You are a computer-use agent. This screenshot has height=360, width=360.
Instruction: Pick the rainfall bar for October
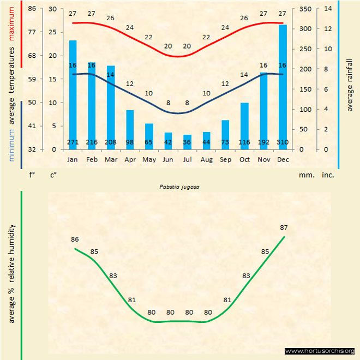pyautogui.click(x=244, y=123)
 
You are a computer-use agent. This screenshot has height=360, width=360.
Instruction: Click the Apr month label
pyautogui.click(x=130, y=159)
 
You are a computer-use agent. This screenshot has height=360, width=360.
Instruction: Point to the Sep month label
pyautogui.click(x=225, y=159)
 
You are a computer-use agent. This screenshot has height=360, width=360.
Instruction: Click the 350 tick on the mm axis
pyautogui.click(x=305, y=9)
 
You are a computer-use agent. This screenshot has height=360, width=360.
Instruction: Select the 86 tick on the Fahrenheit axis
pyautogui.click(x=32, y=9)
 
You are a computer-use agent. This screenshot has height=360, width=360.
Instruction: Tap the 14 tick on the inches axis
pyautogui.click(x=328, y=9)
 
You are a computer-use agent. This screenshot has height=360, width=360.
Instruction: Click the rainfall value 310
pyautogui.click(x=283, y=142)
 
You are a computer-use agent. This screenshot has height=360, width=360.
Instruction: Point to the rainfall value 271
pyautogui.click(x=73, y=142)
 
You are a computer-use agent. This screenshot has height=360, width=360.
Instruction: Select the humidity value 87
pyautogui.click(x=284, y=227)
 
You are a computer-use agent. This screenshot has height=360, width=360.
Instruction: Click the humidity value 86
pyautogui.click(x=75, y=239)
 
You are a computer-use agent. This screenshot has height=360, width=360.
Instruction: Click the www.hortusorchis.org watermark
pyautogui.click(x=320, y=351)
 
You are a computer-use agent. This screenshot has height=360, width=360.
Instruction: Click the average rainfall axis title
pyautogui.click(x=350, y=85)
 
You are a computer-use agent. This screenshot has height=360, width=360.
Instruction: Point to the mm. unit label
pyautogui.click(x=305, y=176)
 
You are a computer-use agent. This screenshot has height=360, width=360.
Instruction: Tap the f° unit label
pyautogui.click(x=32, y=176)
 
